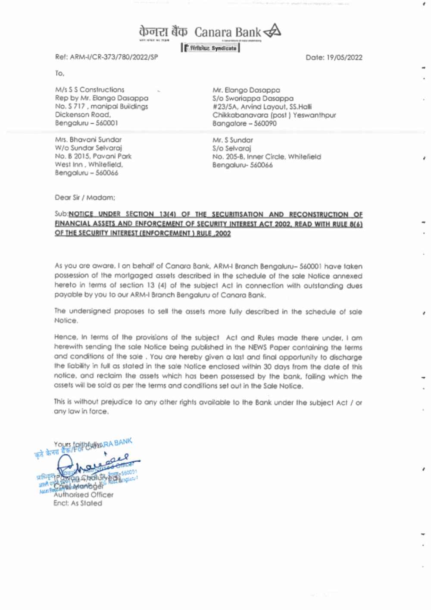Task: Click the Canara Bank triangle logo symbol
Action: [272, 31]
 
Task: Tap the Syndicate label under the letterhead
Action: [224, 48]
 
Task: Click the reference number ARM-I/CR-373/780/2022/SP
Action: [114, 57]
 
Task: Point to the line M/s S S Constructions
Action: [90, 90]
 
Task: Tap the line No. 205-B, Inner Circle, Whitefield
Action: [266, 156]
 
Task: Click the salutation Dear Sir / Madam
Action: [85, 197]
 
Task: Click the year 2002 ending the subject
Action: [223, 233]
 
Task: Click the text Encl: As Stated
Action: [78, 503]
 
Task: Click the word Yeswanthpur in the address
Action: [314, 115]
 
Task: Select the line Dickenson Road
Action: [83, 115]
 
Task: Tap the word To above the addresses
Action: [59, 73]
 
